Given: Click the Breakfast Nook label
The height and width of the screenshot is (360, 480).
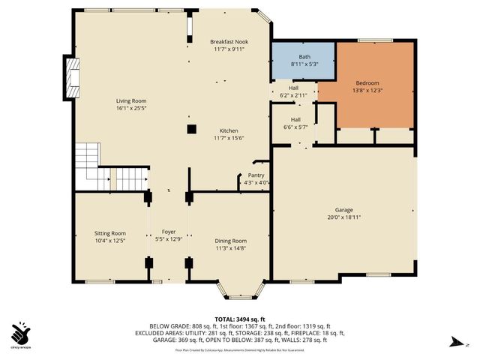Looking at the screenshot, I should (x=229, y=41).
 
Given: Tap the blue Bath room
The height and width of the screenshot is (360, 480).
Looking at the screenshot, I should (x=303, y=60).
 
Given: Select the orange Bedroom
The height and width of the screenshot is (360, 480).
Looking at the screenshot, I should (x=375, y=84).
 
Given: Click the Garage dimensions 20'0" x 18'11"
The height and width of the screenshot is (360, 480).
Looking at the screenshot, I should (x=344, y=217).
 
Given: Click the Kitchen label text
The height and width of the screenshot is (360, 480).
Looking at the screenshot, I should (x=229, y=130).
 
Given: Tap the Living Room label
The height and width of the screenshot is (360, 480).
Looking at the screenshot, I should (x=130, y=100).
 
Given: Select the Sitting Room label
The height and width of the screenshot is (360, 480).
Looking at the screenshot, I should (x=109, y=233).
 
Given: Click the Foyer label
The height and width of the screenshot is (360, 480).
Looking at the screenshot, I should (x=168, y=232).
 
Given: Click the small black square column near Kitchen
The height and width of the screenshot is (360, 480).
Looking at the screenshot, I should (x=192, y=128).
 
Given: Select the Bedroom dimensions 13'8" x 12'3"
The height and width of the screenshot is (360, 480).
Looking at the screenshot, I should (x=374, y=91).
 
